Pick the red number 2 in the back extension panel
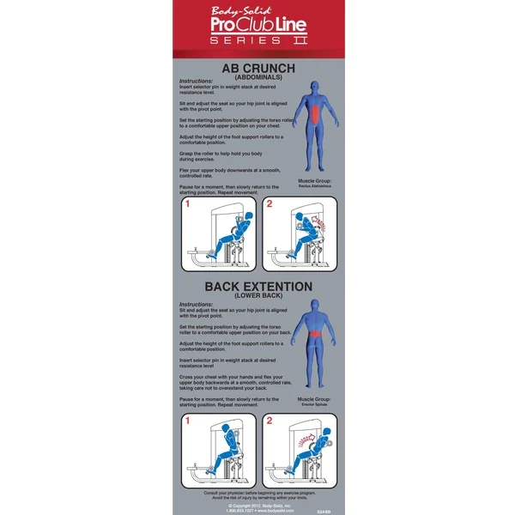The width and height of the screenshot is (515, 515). pos(269,421)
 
